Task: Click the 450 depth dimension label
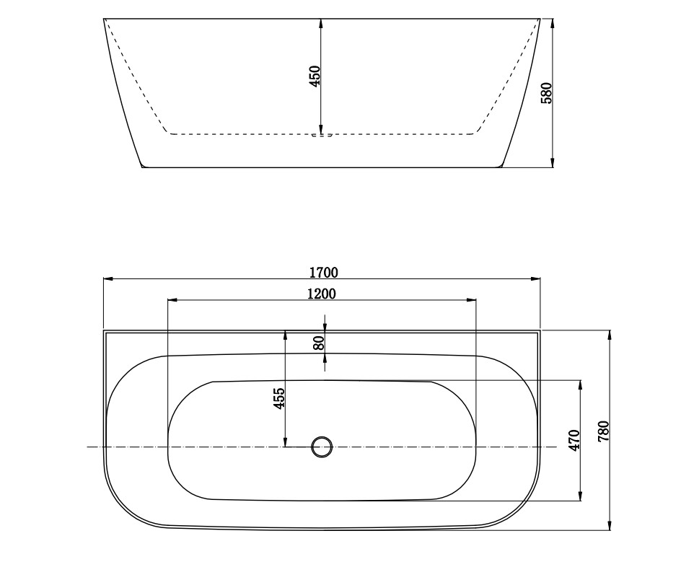[315, 76]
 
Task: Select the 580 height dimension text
[546, 93]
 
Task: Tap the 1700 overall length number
[323, 272]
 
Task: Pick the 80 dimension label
[319, 343]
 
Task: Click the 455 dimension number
[280, 398]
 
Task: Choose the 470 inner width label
[574, 440]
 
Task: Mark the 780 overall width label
[604, 431]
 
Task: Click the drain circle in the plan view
[322, 447]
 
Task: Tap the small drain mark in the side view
[322, 134]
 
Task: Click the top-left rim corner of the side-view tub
[104, 19]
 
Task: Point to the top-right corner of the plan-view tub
[540, 331]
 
